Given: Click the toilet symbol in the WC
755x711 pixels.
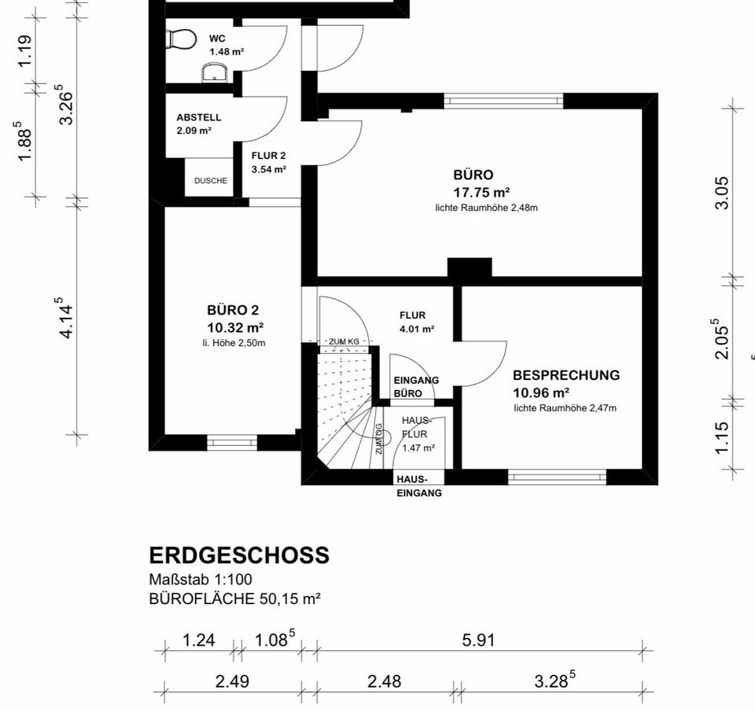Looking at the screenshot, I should pos(182,39).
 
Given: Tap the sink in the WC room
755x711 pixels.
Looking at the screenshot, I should pos(215,74).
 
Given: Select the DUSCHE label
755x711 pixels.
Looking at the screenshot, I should pos(211,181).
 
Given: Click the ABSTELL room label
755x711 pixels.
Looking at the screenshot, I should pos(198,117).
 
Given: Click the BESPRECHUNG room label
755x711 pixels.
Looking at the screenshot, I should pos(565,376).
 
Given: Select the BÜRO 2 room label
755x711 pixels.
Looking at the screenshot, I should pos(233,310).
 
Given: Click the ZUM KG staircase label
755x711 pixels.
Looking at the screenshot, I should pos(344,341).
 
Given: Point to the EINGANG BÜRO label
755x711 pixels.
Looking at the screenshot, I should pos(416,386).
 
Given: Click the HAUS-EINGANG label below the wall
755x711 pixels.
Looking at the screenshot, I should pos(419,486).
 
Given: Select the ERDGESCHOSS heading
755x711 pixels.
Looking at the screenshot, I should pos(239,555).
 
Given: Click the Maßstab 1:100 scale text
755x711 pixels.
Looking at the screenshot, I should pos(201,580).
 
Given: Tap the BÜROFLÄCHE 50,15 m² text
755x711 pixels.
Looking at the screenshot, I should pos(234,599).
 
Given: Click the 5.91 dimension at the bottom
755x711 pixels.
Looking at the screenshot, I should pos(478,640).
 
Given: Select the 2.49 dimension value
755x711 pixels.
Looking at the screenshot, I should pos(232,681).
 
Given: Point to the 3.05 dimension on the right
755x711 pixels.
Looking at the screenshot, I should pos(722,193).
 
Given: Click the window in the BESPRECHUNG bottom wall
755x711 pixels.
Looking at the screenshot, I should pos(557,477).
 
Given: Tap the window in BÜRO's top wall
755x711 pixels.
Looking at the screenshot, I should pos(503,100).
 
